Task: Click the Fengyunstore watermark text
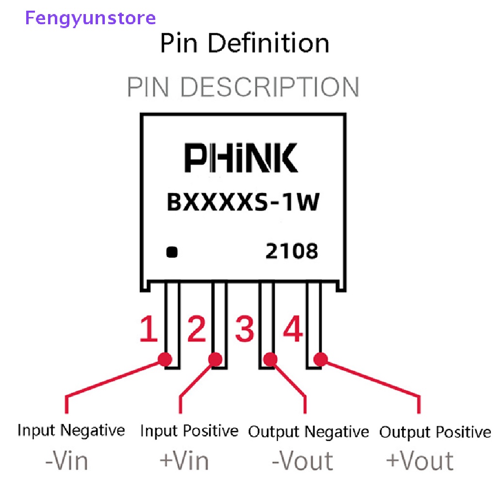point(90,18)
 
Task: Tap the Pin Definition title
point(245,43)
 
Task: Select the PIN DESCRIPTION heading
point(243,87)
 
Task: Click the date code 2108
point(292,251)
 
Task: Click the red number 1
point(149,329)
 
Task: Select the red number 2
point(197,329)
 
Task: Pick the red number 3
point(244,329)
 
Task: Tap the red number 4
point(293,329)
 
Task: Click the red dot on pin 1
point(166,360)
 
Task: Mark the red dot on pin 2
point(215,360)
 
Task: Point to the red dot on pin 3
point(270,360)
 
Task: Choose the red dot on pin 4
point(320,360)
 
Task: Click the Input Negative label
point(71,431)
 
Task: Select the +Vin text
point(184,460)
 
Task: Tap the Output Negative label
point(309,431)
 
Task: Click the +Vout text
point(420,460)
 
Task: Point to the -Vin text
point(66,460)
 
